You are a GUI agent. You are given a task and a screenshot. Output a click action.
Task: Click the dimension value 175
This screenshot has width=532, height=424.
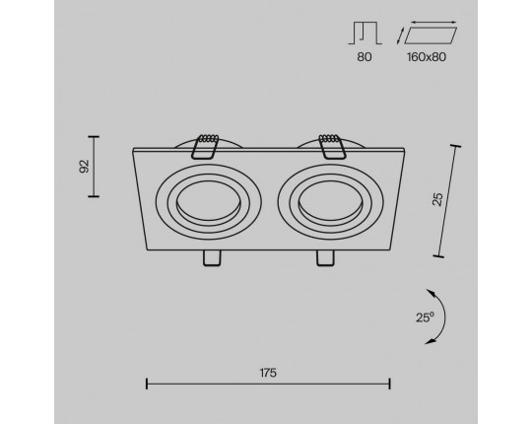coord(268,373)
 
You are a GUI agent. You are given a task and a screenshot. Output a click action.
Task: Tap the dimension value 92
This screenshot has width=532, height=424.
coord(84,166)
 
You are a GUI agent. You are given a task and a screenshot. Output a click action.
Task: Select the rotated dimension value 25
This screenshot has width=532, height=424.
coord(437,199)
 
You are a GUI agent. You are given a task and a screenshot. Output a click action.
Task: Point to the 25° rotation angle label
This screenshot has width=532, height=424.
coord(425,318)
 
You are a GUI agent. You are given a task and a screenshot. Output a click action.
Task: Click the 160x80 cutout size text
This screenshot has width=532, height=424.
coord(427,57)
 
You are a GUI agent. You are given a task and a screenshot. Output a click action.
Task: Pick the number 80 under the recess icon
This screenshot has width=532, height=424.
coord(365,57)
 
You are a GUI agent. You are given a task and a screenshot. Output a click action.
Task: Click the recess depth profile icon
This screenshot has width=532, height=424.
coord(366,34)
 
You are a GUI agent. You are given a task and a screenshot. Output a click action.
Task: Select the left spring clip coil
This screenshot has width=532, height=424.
coord(208,138)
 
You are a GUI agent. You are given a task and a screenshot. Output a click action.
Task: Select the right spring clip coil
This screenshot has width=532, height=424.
coord(329,138)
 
